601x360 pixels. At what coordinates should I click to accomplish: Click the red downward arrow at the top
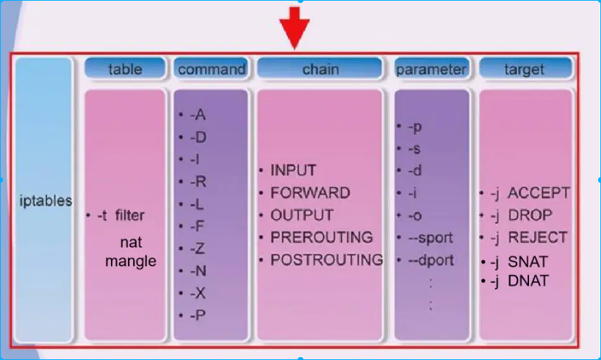pos(294,28)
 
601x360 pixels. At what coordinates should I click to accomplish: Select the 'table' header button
pos(125,69)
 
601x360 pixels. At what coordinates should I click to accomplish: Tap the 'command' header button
pos(212,69)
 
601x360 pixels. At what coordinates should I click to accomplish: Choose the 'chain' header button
pos(320,69)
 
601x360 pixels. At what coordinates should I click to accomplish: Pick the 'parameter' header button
pos(431,69)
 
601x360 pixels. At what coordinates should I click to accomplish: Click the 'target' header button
pos(525,69)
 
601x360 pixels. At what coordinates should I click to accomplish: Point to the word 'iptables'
pos(45,201)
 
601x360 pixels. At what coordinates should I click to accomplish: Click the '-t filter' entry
pos(120,215)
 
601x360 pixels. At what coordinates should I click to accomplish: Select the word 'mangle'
pos(131,261)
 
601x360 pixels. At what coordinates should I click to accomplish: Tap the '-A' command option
pos(196,115)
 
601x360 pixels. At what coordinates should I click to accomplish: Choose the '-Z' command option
pos(196,248)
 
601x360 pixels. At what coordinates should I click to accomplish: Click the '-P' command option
pos(196,314)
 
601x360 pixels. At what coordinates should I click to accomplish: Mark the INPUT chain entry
pos(293,170)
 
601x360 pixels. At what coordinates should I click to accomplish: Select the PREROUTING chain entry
pos(321,237)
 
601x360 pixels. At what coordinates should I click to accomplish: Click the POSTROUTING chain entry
pos(326,259)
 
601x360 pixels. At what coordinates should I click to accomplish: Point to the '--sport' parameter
pos(435,238)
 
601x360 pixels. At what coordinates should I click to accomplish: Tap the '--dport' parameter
pos(435,260)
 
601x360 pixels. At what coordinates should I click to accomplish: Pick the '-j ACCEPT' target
pos(530,193)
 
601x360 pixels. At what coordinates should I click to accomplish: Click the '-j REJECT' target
pos(529,237)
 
